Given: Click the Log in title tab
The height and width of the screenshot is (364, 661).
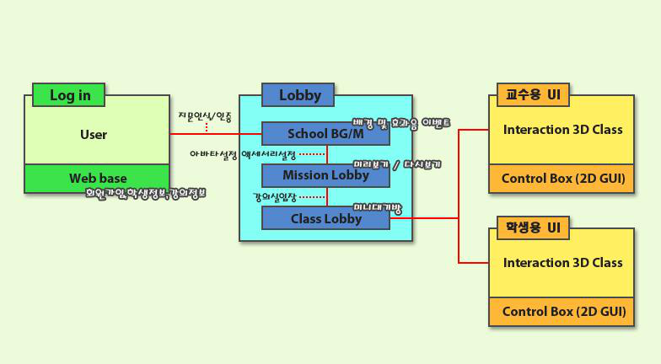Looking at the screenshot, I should point(69,94).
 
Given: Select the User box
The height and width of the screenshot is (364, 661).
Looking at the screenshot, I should point(94,134).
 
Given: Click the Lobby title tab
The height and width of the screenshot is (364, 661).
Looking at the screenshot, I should point(298,95).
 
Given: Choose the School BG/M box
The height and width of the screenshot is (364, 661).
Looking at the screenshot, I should point(325,133).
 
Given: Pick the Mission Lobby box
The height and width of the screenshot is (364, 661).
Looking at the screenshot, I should point(325,175).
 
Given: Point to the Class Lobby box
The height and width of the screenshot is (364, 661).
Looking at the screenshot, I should point(325,218).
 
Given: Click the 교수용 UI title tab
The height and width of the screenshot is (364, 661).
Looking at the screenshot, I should point(533,94).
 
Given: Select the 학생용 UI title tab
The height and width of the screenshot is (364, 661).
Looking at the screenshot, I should point(533,227).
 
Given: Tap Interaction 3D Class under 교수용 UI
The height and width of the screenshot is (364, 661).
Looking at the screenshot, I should point(562,129).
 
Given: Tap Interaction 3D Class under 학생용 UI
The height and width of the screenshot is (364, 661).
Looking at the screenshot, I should point(562,262).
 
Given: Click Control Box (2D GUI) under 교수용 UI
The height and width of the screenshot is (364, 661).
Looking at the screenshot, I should point(562,179).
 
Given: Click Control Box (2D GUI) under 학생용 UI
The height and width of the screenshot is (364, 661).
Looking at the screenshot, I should point(562,312).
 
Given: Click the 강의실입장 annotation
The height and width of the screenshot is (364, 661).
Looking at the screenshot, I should point(276,197).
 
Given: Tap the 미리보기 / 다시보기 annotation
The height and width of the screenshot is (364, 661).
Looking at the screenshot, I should point(396,164).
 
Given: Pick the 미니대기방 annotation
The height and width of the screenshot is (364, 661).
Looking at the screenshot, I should point(378,206).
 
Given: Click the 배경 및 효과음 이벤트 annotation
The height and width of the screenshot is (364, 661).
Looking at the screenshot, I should point(400,123).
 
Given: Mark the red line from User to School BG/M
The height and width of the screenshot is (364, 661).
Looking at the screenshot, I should point(215,134).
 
